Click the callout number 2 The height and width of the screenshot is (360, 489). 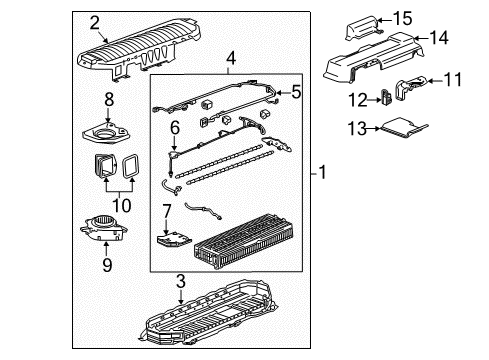pyautogui.click(x=94, y=22)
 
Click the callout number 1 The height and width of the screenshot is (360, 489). pyautogui.click(x=324, y=173)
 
